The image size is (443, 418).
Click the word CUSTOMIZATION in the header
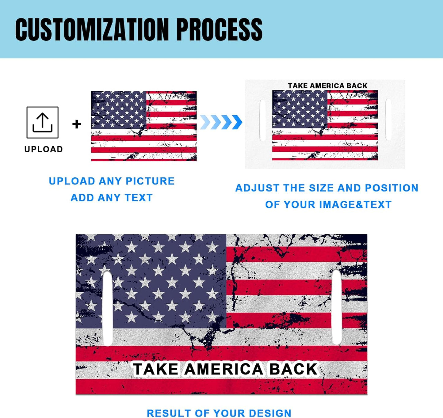(92, 29)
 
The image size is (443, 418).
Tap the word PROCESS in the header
(220, 29)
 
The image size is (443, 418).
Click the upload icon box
(42, 122)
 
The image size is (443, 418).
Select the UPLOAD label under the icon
(44, 149)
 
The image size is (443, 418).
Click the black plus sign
(77, 124)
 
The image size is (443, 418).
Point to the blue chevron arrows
(221, 122)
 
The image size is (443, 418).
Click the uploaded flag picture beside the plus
(144, 126)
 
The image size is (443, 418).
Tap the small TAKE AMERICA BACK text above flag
(327, 86)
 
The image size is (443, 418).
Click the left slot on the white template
(262, 120)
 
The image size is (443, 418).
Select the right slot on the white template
(388, 120)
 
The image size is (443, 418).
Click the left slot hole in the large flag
(108, 308)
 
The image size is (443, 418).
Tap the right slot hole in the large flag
(337, 306)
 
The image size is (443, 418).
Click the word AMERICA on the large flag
(223, 369)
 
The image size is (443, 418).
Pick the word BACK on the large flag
(293, 369)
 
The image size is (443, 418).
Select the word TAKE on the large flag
(156, 369)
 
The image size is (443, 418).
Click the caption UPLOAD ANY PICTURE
(112, 181)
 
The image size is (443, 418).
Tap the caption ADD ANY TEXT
(112, 198)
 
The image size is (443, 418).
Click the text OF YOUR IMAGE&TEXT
(328, 204)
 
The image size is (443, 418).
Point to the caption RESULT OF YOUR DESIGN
(219, 413)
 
